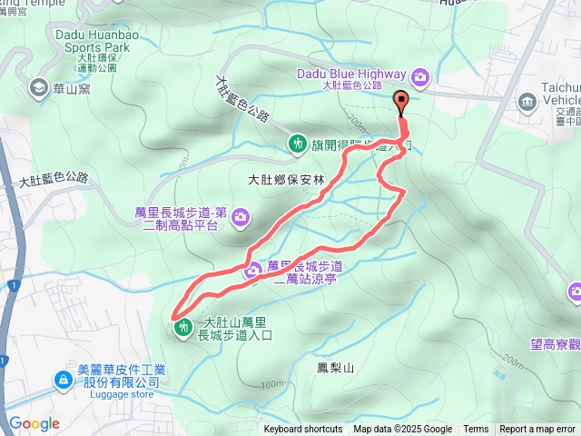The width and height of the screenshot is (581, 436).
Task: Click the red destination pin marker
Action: (400, 103)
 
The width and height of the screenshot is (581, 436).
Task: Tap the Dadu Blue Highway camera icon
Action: (420, 75)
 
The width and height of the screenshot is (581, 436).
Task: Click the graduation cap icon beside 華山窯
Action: (39, 87)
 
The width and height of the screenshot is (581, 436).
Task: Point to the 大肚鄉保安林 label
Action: (285, 180)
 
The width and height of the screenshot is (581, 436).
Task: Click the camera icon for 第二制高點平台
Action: (241, 216)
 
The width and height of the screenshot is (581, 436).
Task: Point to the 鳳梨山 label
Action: (334, 367)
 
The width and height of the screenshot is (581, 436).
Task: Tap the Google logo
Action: (34, 423)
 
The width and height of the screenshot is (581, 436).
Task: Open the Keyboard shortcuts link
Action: (303, 430)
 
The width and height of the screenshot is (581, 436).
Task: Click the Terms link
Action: (475, 430)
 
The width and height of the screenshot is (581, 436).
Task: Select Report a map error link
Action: (537, 430)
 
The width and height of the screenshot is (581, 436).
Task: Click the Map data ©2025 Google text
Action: (402, 430)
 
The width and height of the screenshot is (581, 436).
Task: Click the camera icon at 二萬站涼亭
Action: (253, 270)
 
